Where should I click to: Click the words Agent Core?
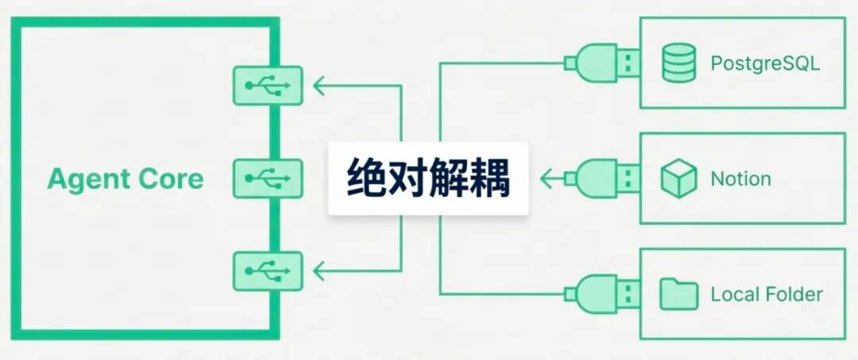(x=126, y=179)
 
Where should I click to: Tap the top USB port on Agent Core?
(x=268, y=86)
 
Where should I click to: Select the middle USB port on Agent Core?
(x=268, y=178)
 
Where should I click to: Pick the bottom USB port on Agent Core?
(x=268, y=271)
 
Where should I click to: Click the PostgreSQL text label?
(x=764, y=63)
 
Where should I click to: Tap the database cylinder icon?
(x=678, y=63)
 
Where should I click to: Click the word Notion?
(x=740, y=179)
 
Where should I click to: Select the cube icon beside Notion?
(x=678, y=179)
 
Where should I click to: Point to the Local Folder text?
(x=767, y=295)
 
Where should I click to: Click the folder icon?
(x=678, y=295)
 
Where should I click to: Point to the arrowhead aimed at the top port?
(x=319, y=86)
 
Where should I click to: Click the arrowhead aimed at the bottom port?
(x=319, y=271)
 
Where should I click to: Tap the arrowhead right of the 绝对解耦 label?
(x=545, y=178)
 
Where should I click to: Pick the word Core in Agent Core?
(x=172, y=179)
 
